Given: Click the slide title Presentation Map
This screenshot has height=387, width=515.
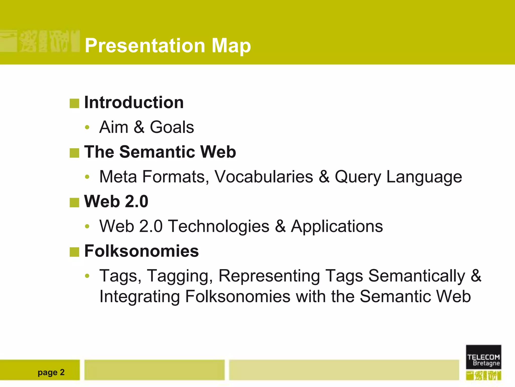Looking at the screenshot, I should tap(168, 46).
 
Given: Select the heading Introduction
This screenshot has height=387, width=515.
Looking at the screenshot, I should tap(134, 103).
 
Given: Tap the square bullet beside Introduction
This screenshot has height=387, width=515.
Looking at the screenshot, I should tap(74, 103).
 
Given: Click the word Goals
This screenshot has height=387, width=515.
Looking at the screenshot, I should tap(172, 127).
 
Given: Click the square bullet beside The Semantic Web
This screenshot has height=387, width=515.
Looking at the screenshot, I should tap(74, 153).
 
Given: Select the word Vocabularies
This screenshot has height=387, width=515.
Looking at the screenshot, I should tap(264, 177).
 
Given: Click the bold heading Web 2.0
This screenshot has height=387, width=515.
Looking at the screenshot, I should tap(116, 202).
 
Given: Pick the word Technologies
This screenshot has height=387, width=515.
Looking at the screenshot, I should tap(219, 226).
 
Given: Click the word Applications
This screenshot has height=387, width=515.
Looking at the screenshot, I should tap(337, 226).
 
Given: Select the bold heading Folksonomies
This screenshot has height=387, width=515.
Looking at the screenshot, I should tap(142, 251).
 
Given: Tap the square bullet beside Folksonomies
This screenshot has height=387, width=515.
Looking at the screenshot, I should tap(74, 252).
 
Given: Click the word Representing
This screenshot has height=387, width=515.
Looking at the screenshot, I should tap(269, 276).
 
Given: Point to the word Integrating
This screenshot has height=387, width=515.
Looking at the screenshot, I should tap(140, 297).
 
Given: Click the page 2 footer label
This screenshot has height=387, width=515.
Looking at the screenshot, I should tap(51, 372).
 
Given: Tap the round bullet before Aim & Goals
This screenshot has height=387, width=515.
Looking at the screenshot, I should tap(87, 127).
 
